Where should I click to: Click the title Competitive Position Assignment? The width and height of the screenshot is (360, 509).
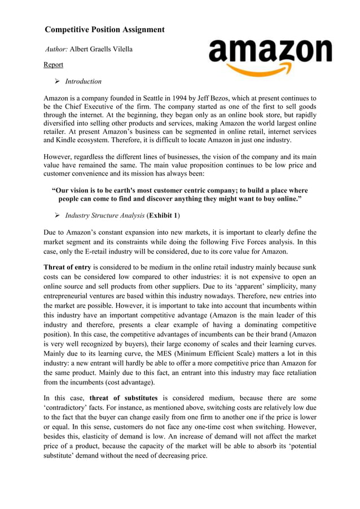click(104, 29)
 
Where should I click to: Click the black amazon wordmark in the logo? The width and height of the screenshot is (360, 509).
click(270, 52)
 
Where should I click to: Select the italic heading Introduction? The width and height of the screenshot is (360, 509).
click(84, 82)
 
